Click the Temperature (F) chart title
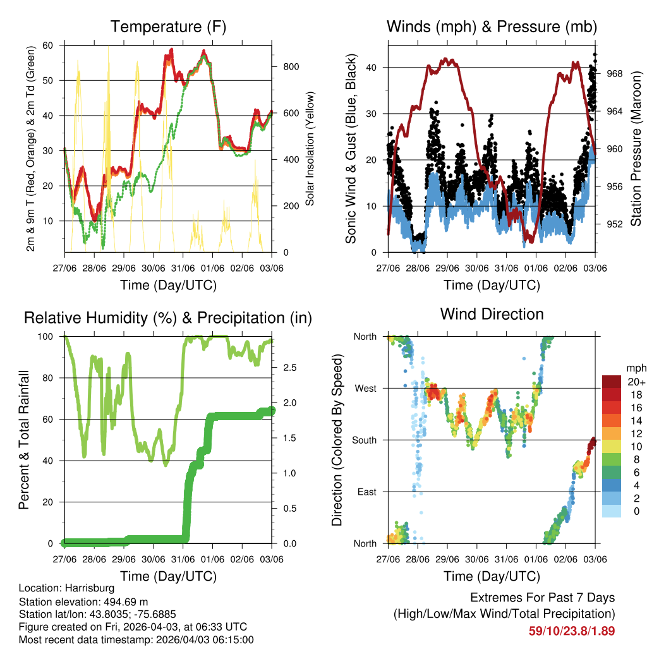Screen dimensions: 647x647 click(x=168, y=27)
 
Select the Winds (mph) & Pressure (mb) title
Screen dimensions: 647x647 click(x=492, y=27)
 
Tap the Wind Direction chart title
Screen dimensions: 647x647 click(x=492, y=314)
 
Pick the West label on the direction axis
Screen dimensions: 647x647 click(x=365, y=389)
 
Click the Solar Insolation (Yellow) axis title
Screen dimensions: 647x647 click(x=310, y=149)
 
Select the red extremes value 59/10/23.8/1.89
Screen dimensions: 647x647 click(x=571, y=631)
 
